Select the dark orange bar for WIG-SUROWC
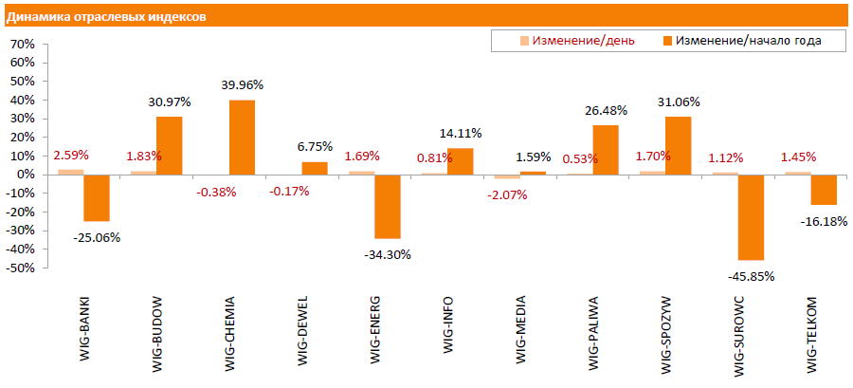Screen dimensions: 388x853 pos(752,217)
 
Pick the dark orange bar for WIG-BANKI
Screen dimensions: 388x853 pos(96,197)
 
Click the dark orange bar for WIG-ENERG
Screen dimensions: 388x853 pos(387,206)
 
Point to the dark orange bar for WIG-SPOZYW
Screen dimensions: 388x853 pos(678,145)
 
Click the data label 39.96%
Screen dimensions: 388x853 pos(242,85)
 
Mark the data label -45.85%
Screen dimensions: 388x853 pos(752,276)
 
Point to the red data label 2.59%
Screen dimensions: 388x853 pos(71,155)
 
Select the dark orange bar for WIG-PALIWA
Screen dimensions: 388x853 pos(606,150)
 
